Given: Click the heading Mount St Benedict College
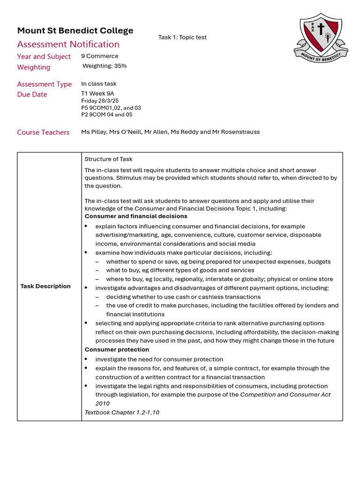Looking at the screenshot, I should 75,30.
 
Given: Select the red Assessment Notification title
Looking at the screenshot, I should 68,44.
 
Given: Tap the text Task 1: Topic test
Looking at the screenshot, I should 182,37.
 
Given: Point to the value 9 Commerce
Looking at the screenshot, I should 99,56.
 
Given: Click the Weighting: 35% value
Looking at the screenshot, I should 105,66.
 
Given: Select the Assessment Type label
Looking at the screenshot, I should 44,84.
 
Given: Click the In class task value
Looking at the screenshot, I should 98,84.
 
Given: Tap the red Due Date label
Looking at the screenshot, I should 32,95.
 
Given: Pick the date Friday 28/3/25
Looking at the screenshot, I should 100,101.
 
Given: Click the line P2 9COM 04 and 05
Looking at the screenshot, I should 106,114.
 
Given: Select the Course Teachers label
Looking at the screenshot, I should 43,133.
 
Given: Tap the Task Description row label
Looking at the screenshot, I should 45,286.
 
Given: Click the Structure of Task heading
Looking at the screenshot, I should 108,159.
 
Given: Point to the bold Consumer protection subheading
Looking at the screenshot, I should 117,350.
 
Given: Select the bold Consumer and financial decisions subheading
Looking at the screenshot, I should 135,217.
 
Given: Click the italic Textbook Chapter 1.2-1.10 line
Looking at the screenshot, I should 121,412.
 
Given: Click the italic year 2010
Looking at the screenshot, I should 102,404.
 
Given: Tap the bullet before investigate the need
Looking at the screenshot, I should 86,359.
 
